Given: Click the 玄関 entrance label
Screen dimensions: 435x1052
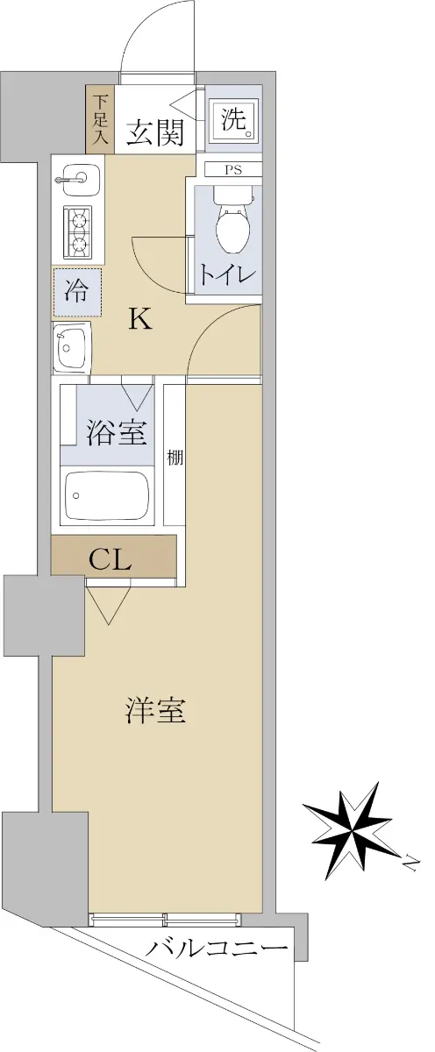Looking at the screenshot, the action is pyautogui.click(x=155, y=132).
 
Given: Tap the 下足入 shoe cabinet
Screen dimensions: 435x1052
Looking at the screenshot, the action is pyautogui.click(x=100, y=119).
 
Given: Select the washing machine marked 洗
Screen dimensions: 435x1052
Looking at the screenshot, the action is pyautogui.click(x=234, y=120).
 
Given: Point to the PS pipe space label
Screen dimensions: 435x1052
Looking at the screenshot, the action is pyautogui.click(x=233, y=170).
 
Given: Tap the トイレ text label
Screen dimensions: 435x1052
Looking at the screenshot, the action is pyautogui.click(x=227, y=275).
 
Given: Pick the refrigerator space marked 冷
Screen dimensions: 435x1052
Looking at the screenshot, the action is pyautogui.click(x=77, y=292).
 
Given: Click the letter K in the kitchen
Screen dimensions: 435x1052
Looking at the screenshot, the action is pyautogui.click(x=141, y=320).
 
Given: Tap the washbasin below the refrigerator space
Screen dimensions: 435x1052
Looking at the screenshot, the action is pyautogui.click(x=71, y=349).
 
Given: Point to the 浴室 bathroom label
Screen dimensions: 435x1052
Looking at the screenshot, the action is pyautogui.click(x=117, y=432).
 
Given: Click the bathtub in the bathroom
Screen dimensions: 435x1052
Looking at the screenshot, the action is pyautogui.click(x=107, y=495).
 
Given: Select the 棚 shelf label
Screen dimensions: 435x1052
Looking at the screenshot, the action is pyautogui.click(x=175, y=458).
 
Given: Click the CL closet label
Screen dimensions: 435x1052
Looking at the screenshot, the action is pyautogui.click(x=110, y=558).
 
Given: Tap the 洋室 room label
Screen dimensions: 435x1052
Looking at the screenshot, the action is pyautogui.click(x=155, y=711).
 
